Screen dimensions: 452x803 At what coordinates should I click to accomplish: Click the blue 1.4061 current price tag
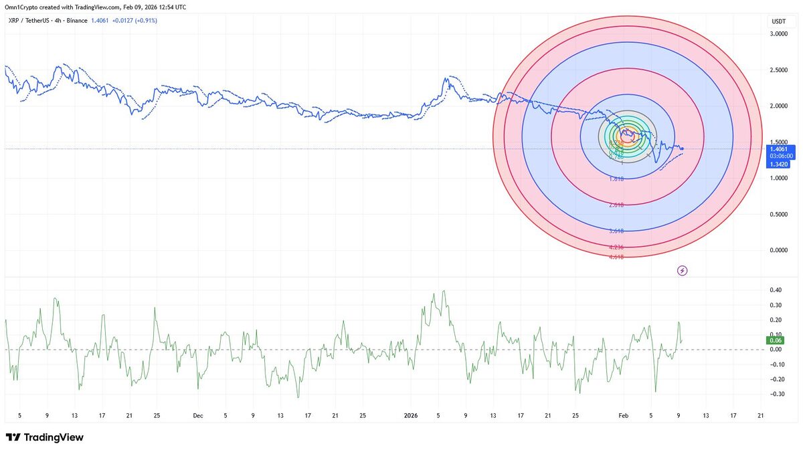[x=778, y=149]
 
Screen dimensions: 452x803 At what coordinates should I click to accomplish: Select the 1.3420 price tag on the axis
[x=778, y=164]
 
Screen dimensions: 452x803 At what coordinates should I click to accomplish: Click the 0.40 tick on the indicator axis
[x=776, y=290]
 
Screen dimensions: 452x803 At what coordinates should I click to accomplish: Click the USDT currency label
[x=778, y=21]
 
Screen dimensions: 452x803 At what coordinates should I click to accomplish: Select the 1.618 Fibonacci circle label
[x=617, y=179]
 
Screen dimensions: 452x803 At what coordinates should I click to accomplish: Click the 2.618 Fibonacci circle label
[x=617, y=205]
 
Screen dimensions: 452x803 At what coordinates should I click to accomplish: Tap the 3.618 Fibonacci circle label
[x=617, y=231]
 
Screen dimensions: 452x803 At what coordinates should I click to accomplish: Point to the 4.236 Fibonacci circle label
[x=617, y=247]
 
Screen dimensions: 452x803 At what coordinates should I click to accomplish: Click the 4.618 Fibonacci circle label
[x=617, y=256]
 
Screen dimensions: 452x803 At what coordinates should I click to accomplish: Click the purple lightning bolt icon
[x=682, y=271]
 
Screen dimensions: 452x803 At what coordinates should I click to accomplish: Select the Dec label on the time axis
[x=198, y=415]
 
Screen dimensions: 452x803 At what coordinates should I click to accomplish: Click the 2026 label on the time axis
[x=411, y=415]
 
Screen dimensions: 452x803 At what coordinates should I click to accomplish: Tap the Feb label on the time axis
[x=624, y=415]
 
